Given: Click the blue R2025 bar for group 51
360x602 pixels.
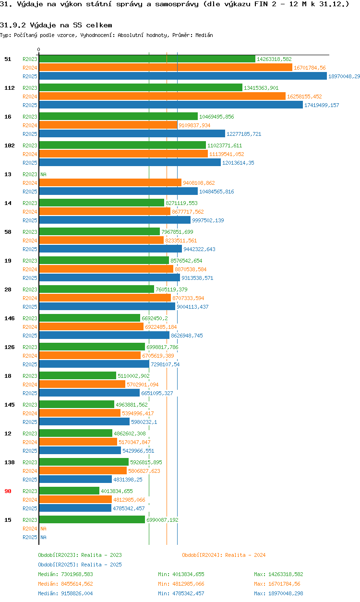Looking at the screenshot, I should [x=182, y=76].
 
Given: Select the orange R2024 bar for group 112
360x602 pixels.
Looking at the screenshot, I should [x=162, y=96].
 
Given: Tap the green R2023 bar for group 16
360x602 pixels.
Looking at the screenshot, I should [x=118, y=117].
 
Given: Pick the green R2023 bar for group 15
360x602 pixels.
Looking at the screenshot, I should [x=92, y=520].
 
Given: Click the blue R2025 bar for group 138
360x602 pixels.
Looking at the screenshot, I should [x=75, y=480].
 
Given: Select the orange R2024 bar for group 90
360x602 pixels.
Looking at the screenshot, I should [x=75, y=500].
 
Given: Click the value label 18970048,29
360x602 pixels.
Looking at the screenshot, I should [x=344, y=76].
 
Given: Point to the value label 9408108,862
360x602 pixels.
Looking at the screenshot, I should [x=199, y=183].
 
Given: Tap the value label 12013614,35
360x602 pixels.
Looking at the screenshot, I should [x=238, y=163].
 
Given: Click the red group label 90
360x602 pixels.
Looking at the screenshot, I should [x=8, y=491].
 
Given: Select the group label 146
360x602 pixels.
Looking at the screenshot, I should [x=10, y=318].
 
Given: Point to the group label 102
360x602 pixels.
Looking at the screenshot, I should [x=10, y=145].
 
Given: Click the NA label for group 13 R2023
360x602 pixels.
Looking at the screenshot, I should [x=43, y=174].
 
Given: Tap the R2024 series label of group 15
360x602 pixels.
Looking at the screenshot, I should [x=30, y=529].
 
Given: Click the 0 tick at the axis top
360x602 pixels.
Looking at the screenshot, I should [x=39, y=49].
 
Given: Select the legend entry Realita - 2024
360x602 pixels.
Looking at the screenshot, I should [x=224, y=555].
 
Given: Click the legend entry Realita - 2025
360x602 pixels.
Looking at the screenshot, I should [x=80, y=565].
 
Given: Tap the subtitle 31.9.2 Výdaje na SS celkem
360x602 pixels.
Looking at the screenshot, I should [x=56, y=25].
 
